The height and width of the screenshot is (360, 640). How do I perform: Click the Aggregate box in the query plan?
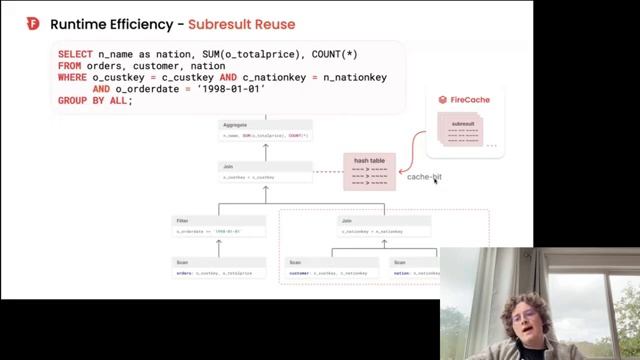pos(265,130)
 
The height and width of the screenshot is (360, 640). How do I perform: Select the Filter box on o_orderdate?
pos(218,225)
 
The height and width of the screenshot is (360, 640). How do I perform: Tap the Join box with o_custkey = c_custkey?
pos(265,172)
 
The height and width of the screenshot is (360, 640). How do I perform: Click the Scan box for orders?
pos(218,268)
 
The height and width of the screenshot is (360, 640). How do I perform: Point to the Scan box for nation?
pos(414,268)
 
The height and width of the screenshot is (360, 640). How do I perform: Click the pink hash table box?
pos(370,172)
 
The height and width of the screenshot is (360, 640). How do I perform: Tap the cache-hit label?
pos(423,177)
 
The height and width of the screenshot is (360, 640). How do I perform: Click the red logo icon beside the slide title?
pos(33,23)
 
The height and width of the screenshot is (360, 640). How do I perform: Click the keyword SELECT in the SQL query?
pos(75,54)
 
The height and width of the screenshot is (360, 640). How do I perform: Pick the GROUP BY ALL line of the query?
pos(95,101)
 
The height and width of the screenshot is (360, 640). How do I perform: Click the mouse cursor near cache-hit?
pos(436,181)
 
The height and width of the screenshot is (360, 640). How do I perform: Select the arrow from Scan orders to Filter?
pos(218,247)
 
